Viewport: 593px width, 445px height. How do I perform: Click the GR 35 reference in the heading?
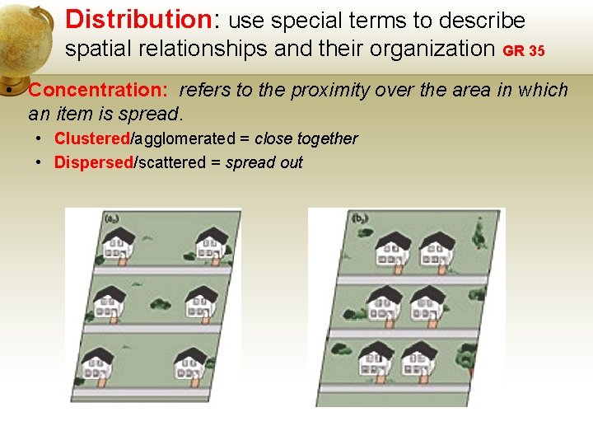click(x=524, y=51)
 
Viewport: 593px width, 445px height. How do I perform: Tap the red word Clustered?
click(x=92, y=138)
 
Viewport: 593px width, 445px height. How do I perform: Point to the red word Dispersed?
click(x=93, y=162)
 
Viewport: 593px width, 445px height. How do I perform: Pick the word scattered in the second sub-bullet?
click(x=172, y=162)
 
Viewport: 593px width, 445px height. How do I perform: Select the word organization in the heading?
click(x=432, y=49)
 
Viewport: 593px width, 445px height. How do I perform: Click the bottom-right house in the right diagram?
click(x=418, y=360)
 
